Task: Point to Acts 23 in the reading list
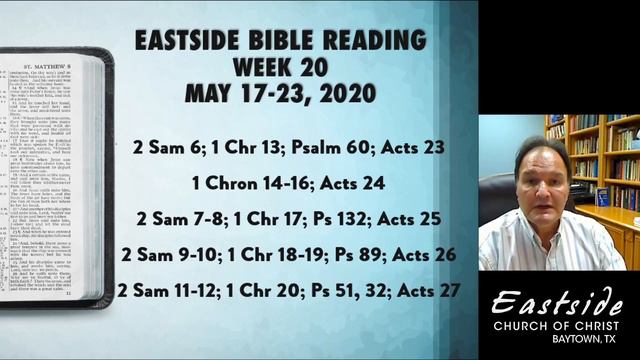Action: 413,147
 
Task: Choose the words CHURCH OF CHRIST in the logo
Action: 559,325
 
